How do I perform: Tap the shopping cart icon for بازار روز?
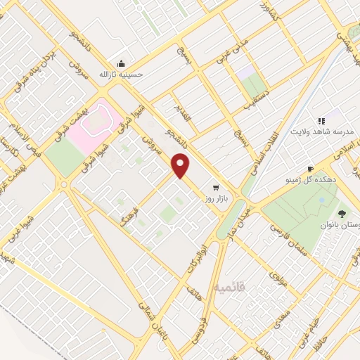(215, 188)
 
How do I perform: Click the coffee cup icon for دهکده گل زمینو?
(311, 169)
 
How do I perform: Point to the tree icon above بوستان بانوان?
(342, 213)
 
